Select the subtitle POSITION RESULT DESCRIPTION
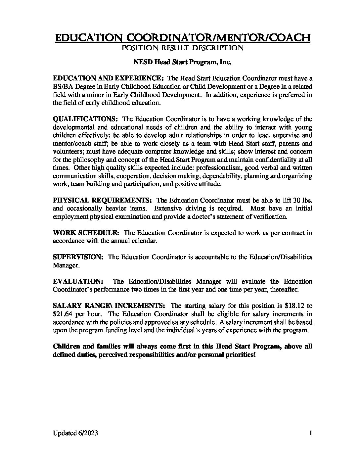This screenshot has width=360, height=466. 183,48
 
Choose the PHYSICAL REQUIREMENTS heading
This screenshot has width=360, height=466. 102,201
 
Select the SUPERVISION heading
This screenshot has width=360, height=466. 78,257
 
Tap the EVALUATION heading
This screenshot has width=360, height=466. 78,282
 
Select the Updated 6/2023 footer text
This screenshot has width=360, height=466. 75,433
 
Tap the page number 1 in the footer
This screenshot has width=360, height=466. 310,433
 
